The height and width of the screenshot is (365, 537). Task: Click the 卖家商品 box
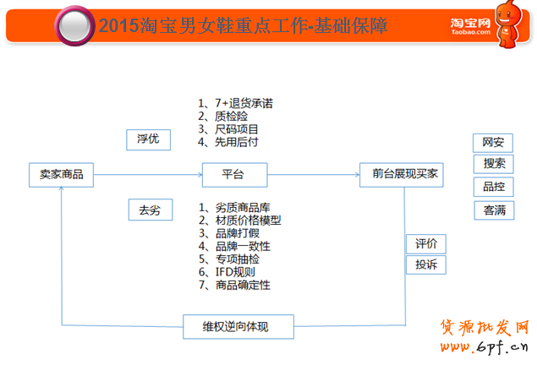click(61, 175)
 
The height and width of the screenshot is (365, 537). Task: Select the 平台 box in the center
click(234, 175)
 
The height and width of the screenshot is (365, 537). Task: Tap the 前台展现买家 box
click(402, 175)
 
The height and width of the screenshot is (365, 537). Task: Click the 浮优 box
click(148, 139)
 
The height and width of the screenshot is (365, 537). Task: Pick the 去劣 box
click(151, 210)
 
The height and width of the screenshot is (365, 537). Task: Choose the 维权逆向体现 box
click(238, 327)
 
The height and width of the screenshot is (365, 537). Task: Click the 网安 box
click(493, 143)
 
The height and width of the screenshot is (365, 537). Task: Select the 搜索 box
click(494, 164)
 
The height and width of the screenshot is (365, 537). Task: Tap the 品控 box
click(494, 187)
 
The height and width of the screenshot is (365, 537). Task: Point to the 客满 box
click(494, 210)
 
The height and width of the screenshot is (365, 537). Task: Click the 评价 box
click(426, 244)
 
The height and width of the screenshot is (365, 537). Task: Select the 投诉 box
click(426, 264)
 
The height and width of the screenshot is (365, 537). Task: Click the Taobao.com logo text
click(470, 32)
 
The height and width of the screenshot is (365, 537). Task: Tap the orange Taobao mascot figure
click(509, 24)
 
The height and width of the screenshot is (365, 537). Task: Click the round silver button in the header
click(74, 26)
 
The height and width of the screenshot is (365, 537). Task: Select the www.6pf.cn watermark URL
click(485, 347)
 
